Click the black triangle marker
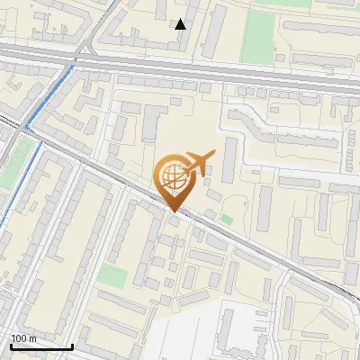[x=181, y=23]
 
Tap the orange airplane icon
[x=198, y=163]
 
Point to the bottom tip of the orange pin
[x=173, y=212]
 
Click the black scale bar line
[x=40, y=346]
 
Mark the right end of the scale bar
[x=72, y=346]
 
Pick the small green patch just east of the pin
[x=227, y=219]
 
